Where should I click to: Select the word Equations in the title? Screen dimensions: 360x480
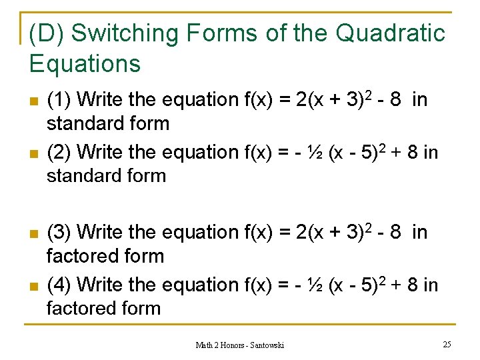coord(85,63)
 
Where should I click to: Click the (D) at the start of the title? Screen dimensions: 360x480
coord(47,33)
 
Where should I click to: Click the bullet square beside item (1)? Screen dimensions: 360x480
coord(33,102)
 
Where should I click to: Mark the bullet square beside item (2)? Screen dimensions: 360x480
coord(33,155)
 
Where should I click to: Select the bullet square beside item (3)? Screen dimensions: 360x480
coord(33,235)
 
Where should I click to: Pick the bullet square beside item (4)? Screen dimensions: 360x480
coord(33,287)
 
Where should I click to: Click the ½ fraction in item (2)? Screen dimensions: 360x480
coord(316,153)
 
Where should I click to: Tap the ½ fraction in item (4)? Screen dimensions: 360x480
coord(316,286)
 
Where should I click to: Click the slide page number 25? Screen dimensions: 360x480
coord(446,344)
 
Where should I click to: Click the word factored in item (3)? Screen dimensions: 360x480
coord(79,256)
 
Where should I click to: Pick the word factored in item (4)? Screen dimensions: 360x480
coord(79,309)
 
